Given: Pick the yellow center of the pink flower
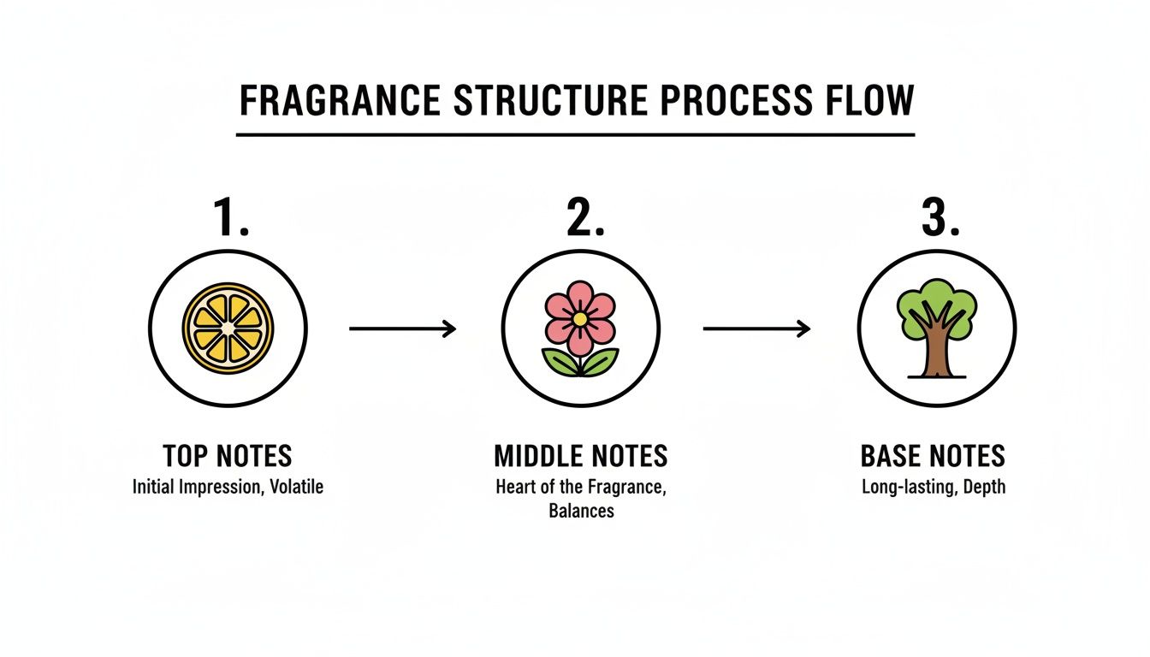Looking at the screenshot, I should click(x=580, y=317).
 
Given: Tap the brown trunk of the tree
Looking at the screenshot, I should click(x=935, y=351).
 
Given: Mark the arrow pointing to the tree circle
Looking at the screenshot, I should click(x=756, y=328).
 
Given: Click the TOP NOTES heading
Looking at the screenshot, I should click(x=227, y=457).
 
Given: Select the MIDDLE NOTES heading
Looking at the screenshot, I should click(x=581, y=457).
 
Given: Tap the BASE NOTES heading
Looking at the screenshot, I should click(x=933, y=457).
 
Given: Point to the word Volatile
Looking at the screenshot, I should click(x=296, y=488).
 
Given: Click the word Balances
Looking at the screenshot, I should click(x=581, y=512).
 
